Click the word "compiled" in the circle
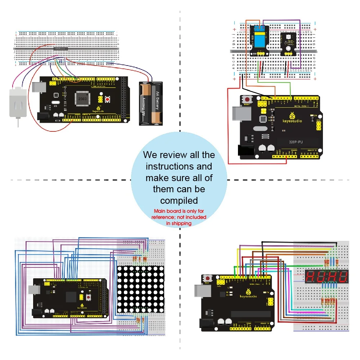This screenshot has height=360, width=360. point(179,200)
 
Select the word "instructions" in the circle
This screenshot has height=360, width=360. point(179,167)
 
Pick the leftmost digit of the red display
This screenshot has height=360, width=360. point(311,277)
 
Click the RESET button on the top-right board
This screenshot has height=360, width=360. point(248,99)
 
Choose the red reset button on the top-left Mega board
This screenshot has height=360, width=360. point(107,99)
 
